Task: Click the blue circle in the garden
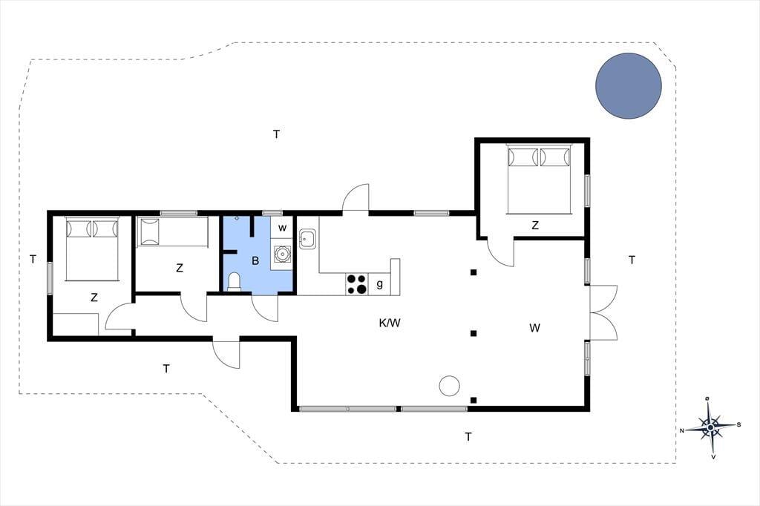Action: click(629, 86)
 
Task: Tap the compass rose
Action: click(710, 427)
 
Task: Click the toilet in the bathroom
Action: click(234, 282)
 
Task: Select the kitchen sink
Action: click(308, 240)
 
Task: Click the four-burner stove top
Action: click(357, 284)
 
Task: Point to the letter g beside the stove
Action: click(379, 284)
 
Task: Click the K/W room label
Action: click(390, 323)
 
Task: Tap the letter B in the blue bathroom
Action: click(255, 260)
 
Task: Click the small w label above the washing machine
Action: click(282, 228)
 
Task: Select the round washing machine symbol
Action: click(281, 254)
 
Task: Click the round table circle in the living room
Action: click(449, 386)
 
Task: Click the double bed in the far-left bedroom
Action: click(92, 249)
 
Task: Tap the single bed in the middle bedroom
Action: click(173, 231)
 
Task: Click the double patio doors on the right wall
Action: click(603, 312)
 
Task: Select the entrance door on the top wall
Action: click(356, 198)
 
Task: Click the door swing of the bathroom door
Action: click(265, 308)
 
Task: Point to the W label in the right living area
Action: click(534, 328)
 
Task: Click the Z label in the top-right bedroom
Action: click(535, 226)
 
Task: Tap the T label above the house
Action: click(276, 134)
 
